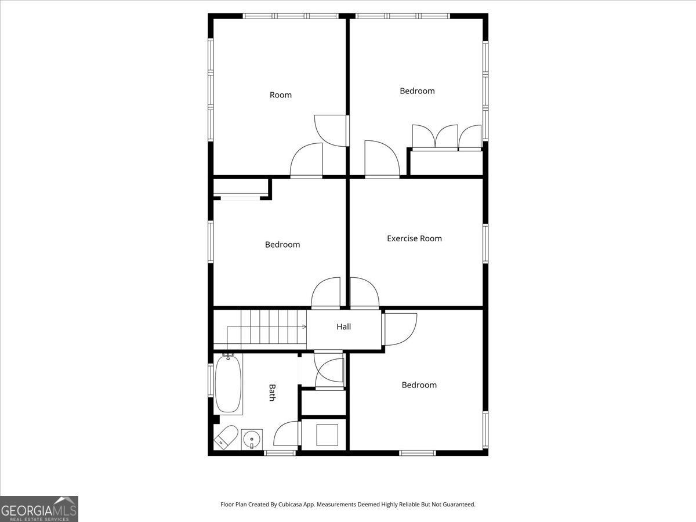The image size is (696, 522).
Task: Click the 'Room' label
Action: pos(281,95)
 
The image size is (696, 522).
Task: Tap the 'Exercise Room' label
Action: pos(415,238)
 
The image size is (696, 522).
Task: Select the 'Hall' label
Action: pos(344,327)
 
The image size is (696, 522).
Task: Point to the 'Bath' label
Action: pos(272,393)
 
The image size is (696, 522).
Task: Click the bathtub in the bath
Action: pos(228,384)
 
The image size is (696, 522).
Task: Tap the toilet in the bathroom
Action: pos(226,437)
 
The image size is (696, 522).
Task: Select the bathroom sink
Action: pos(252,440)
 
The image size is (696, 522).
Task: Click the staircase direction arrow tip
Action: pos(306,327)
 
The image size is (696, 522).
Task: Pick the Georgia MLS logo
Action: pos(39,509)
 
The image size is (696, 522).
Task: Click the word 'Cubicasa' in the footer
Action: pos(290,504)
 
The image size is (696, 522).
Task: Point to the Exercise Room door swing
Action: pos(365,292)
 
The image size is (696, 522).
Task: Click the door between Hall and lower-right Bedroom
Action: pos(400,329)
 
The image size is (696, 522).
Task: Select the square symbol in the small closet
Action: pos(327,435)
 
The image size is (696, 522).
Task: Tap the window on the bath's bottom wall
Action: pos(280,453)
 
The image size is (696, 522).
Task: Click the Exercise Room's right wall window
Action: pos(485,244)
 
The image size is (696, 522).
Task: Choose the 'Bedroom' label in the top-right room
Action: pos(417,91)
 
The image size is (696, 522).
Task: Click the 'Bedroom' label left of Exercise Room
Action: pos(282,244)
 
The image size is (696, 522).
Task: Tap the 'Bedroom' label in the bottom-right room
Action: pos(419,385)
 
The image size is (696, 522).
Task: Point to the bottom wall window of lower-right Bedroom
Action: pos(418,453)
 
